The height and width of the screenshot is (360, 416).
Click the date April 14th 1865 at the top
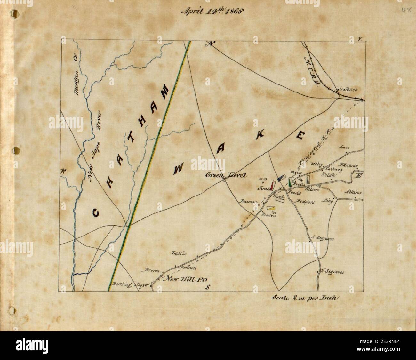click(212, 11)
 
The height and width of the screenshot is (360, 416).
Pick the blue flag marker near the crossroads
click(281, 178)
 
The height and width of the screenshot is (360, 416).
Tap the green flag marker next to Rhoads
click(290, 181)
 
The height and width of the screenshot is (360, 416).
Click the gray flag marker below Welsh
click(308, 180)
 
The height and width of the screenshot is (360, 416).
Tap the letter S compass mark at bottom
click(207, 286)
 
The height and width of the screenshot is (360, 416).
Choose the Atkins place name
click(353, 193)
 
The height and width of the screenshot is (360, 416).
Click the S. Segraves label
click(323, 238)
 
